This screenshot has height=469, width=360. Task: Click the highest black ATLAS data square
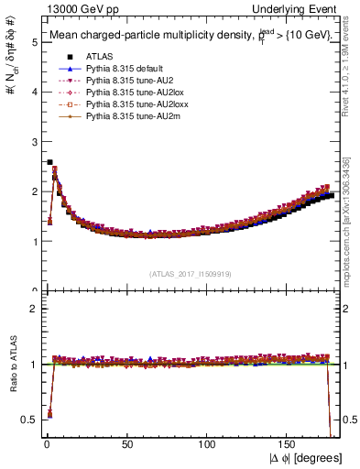tap(49, 162)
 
